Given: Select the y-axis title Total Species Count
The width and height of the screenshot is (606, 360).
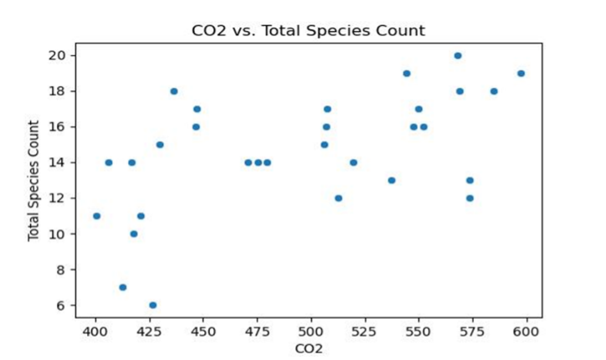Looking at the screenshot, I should (x=34, y=180).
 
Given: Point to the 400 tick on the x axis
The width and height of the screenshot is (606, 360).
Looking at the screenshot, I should (x=95, y=332).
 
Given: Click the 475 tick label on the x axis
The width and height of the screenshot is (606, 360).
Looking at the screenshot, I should (x=257, y=332).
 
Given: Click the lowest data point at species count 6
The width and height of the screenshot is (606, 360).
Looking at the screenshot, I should (x=152, y=305).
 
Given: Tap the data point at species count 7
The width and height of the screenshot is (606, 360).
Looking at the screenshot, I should (x=122, y=287).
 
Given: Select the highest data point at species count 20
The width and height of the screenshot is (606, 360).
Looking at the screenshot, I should (x=458, y=55).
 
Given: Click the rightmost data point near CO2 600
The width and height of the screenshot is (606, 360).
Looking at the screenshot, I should (x=521, y=73).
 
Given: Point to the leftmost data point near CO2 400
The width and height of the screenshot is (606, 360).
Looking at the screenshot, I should (x=96, y=216).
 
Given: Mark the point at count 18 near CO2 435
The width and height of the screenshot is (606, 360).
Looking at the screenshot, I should (x=173, y=91).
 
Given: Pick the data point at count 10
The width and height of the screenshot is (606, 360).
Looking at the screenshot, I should (x=133, y=234).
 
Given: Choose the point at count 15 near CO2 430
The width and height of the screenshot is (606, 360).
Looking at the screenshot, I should (x=160, y=145).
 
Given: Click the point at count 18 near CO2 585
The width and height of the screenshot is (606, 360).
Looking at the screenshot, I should (x=494, y=91).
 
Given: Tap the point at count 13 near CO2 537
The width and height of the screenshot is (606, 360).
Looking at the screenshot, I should (x=391, y=180).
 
